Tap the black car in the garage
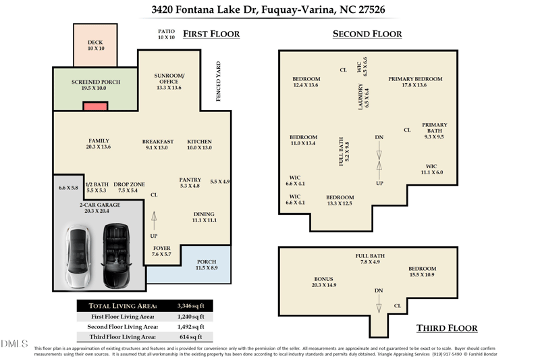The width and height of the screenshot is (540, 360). [x=115, y=256]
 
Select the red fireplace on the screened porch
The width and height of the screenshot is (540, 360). [x=95, y=106]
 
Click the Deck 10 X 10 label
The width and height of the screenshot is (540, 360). [x=95, y=45]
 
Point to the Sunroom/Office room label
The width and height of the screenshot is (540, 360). [x=169, y=82]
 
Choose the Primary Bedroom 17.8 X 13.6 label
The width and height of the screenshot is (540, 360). [x=414, y=82]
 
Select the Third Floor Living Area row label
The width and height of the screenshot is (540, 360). [x=123, y=336]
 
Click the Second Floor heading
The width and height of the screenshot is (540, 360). [x=367, y=34]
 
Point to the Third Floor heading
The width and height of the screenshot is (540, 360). [x=446, y=328]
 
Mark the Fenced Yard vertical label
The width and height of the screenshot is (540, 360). [x=218, y=82]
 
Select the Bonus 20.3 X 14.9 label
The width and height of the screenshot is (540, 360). [x=323, y=282]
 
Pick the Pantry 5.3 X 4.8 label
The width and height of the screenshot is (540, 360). [x=190, y=182]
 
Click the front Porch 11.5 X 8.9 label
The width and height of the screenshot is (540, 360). [x=206, y=265]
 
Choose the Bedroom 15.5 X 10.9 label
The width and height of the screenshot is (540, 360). [x=422, y=272]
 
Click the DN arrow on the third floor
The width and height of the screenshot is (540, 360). [x=379, y=305]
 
